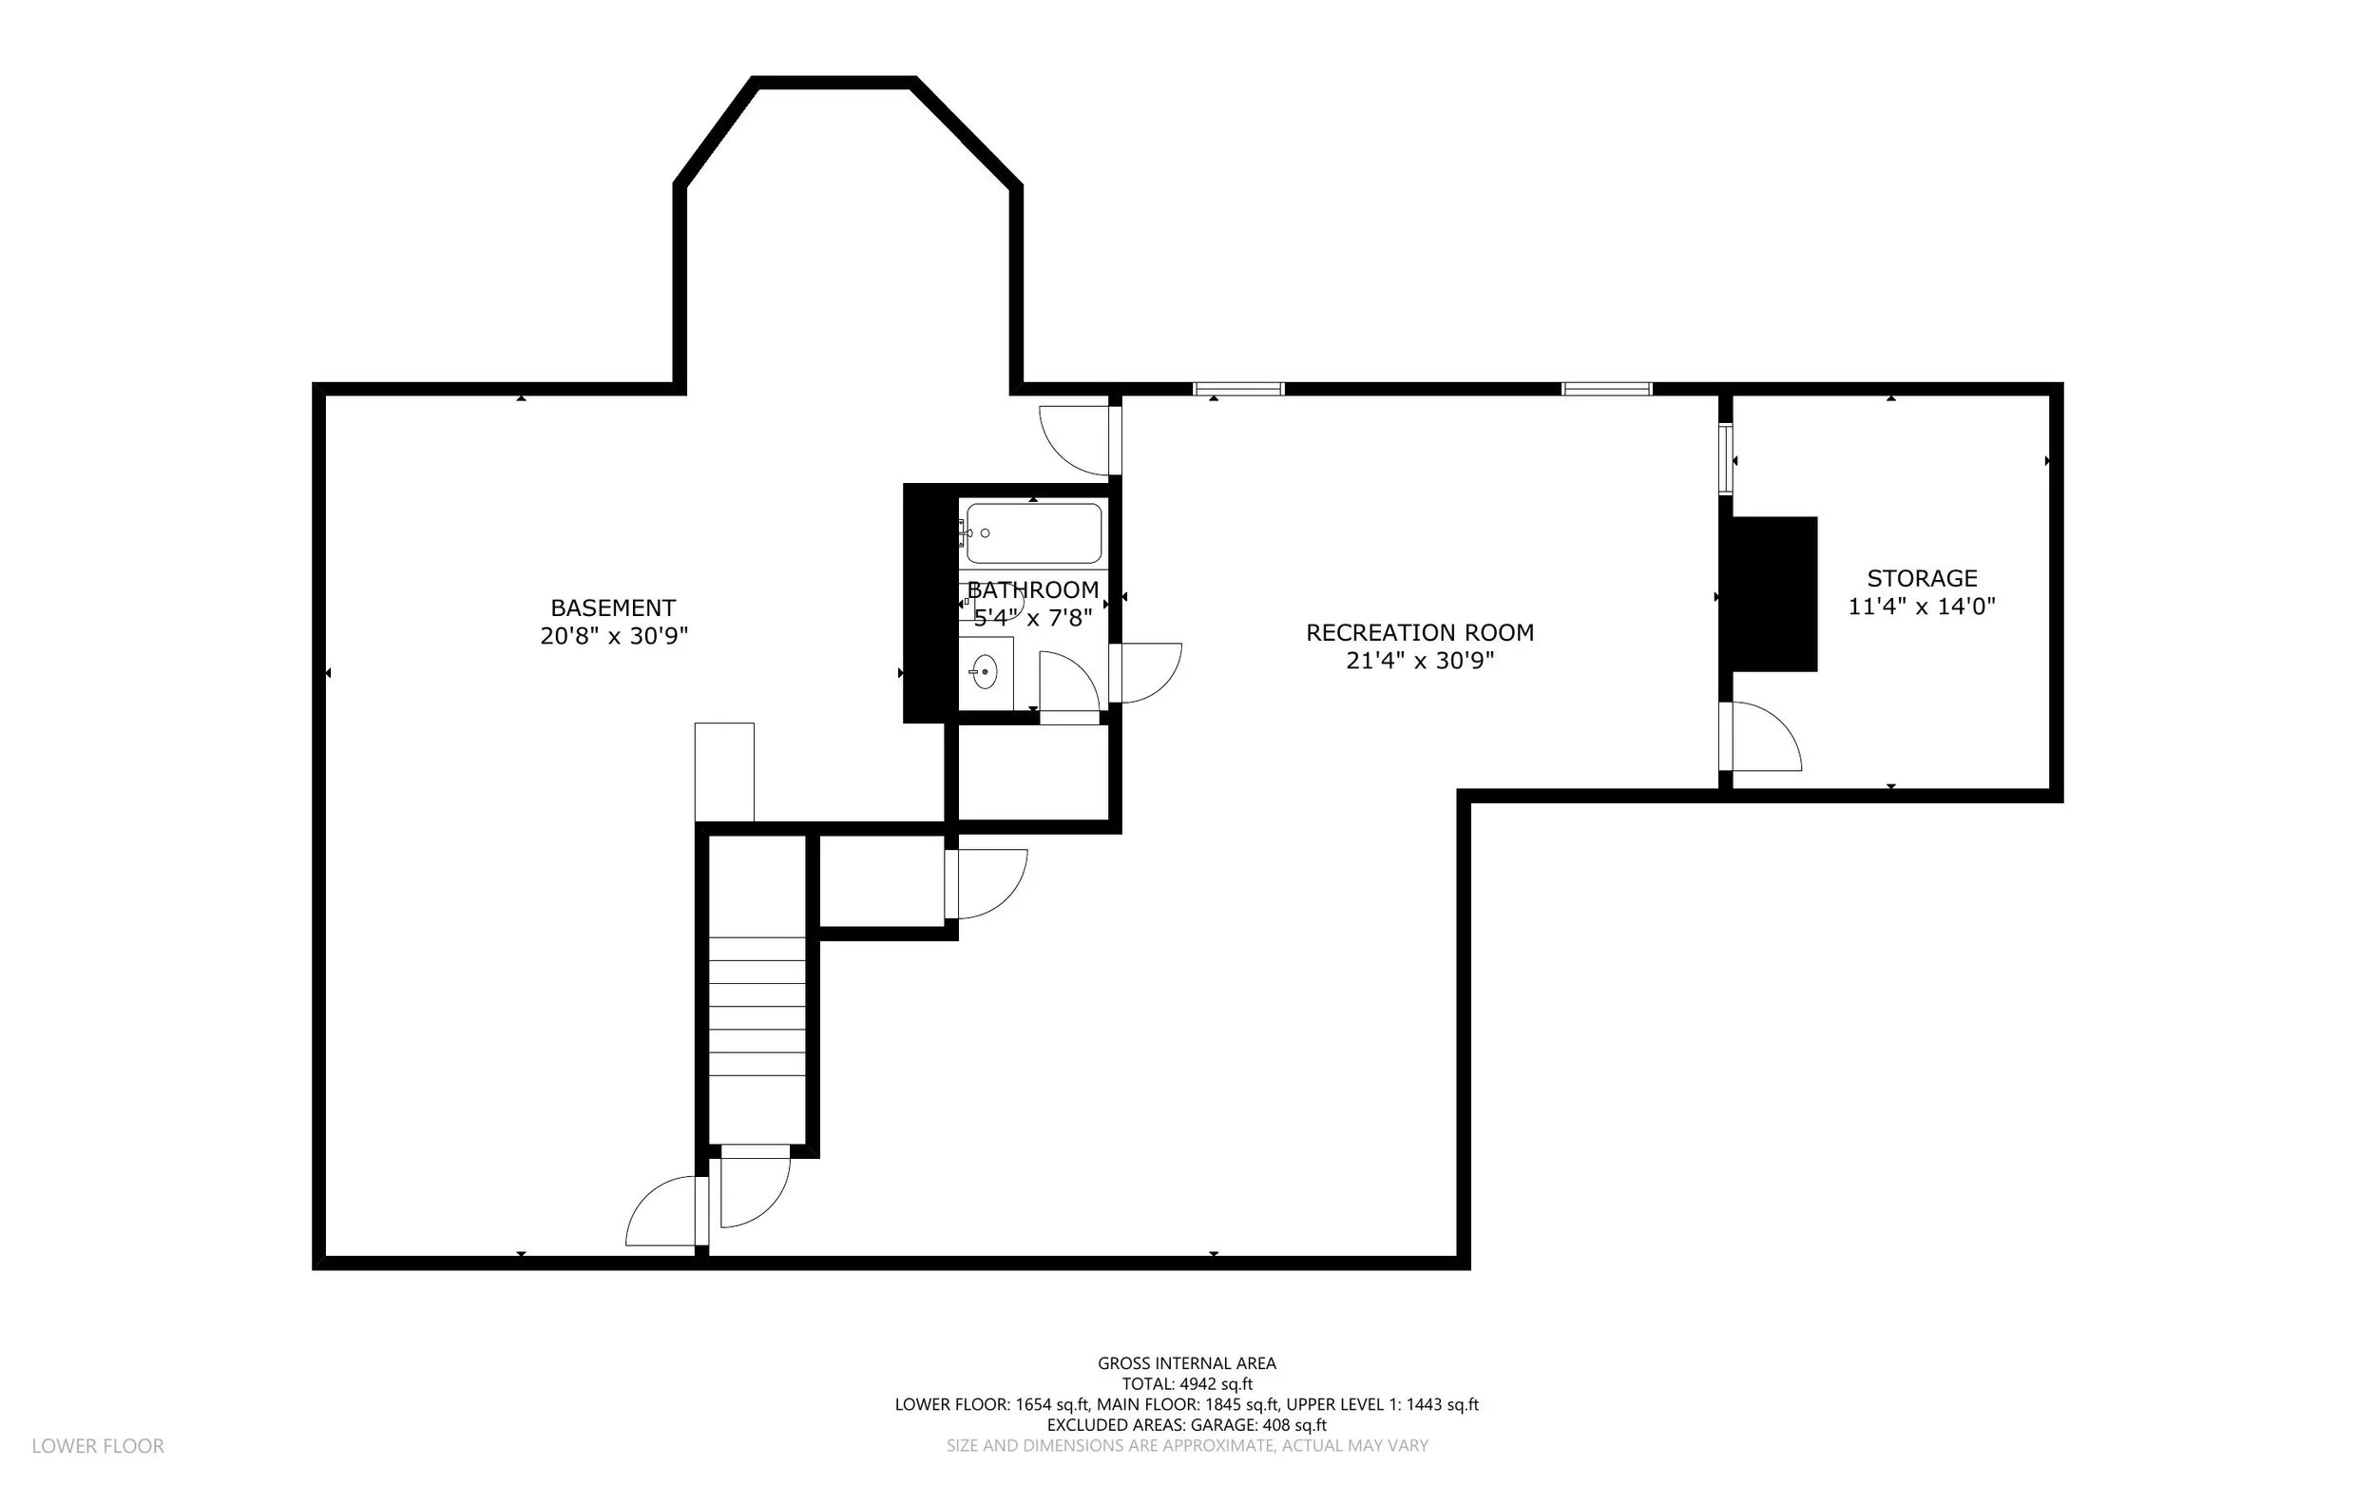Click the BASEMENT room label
613,607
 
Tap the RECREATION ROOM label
1420,632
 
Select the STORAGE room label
1923,578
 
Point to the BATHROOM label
1033,590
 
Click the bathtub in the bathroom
1034,533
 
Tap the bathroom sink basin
984,673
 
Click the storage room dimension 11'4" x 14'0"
1923,606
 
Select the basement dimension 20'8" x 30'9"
614,635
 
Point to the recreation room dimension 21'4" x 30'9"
1420,660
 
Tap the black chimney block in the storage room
1774,594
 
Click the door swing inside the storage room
1765,736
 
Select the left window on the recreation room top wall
1239,389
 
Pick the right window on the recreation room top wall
1607,389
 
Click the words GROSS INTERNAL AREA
1187,1363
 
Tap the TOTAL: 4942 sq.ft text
1187,1384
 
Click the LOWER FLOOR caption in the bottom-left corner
98,1446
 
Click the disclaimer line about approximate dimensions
1187,1446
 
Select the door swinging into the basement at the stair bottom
661,1211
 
